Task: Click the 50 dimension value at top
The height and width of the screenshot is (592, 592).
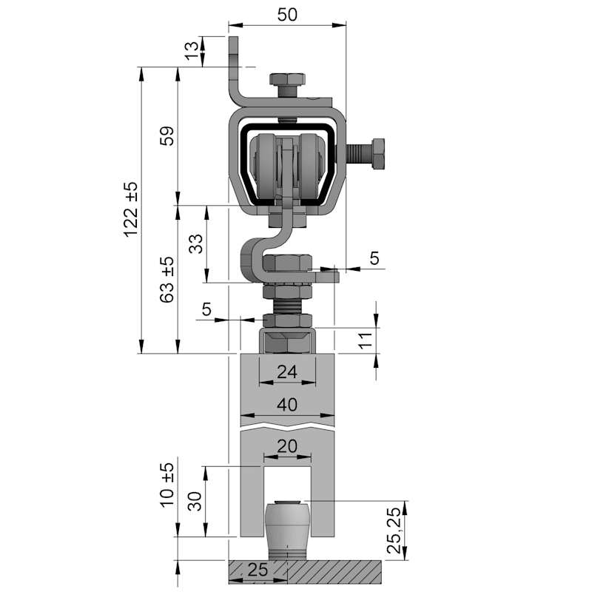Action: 287,15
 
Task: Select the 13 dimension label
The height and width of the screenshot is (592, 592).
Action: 192,50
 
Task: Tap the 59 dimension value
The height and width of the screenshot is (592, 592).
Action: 167,135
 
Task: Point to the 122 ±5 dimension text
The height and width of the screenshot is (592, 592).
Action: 131,209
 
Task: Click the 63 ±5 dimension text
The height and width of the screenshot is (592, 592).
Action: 167,280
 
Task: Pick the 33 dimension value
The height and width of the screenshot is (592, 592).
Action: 195,243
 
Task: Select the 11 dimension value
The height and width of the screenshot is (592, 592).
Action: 366,340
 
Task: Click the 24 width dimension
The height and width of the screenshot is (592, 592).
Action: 287,372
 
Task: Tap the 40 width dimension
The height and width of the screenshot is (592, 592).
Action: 287,405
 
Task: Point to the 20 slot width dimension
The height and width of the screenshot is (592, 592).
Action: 287,446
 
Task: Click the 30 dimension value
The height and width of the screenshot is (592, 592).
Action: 195,501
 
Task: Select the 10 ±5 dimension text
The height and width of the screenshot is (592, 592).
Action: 167,485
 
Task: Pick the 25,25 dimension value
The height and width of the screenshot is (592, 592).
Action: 394,530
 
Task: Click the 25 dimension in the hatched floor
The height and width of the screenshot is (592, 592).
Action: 258,569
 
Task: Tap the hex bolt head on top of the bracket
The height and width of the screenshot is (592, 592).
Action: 287,79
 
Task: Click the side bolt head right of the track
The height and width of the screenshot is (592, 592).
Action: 378,154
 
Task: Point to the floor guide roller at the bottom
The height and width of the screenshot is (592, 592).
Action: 288,528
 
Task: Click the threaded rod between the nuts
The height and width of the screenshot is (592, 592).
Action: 287,306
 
